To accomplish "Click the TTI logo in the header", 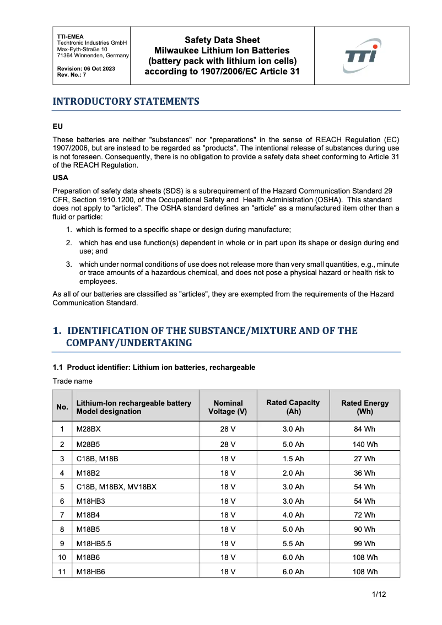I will pyautogui.click(x=362, y=55).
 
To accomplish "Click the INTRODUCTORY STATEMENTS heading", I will pyautogui.click(x=126, y=101).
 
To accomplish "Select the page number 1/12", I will pyautogui.click(x=379, y=595).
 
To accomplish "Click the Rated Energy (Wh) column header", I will pyautogui.click(x=365, y=407).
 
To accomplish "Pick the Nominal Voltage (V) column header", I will pyautogui.click(x=228, y=407).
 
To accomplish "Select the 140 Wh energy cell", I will pyautogui.click(x=365, y=444).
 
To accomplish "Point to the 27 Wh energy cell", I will pyautogui.click(x=365, y=459).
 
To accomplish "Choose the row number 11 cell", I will pyautogui.click(x=62, y=572).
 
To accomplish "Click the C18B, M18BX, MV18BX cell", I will pyautogui.click(x=116, y=487).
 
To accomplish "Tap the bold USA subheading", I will pyautogui.click(x=60, y=179).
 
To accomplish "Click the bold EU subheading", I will pyautogui.click(x=57, y=126).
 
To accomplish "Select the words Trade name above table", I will pyautogui.click(x=72, y=381).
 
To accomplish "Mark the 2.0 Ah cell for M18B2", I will pyautogui.click(x=293, y=473).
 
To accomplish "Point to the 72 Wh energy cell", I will pyautogui.click(x=365, y=515).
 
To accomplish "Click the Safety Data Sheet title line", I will pyautogui.click(x=222, y=40).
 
